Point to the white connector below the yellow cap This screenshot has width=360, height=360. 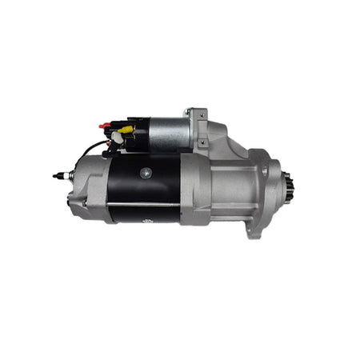[117, 138]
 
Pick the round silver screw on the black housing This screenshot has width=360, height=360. [144, 173]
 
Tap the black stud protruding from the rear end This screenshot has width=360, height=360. [58, 174]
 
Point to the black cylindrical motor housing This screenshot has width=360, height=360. [144, 188]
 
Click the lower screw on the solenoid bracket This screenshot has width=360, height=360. [202, 142]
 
